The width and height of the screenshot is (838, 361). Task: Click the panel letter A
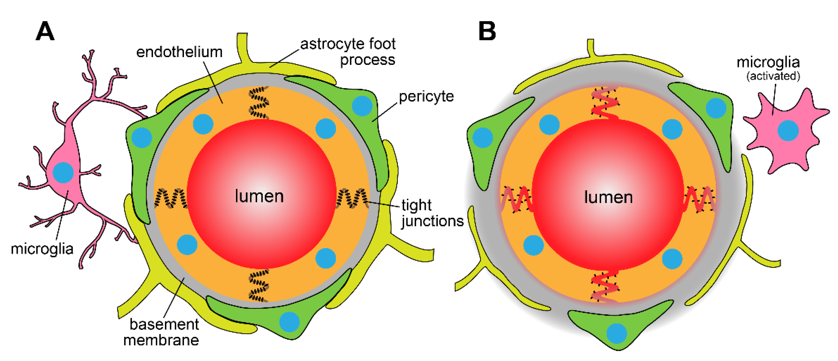tap(45, 31)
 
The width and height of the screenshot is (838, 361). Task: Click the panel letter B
tap(487, 31)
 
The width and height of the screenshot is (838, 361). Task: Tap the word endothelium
tap(179, 52)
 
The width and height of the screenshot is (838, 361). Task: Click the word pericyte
tap(426, 96)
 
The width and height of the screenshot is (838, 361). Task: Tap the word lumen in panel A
tap(259, 196)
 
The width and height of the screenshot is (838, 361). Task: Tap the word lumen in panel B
tap(608, 197)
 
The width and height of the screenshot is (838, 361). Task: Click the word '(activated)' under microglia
tap(773, 76)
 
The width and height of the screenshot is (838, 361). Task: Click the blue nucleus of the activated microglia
tap(788, 130)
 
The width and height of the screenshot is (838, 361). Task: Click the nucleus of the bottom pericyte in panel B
tap(616, 333)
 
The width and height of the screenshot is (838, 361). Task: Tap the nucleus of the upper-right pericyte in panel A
tap(362, 106)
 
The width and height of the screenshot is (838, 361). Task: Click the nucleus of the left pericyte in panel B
tap(482, 137)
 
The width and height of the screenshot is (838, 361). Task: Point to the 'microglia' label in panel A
tap(42, 249)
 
